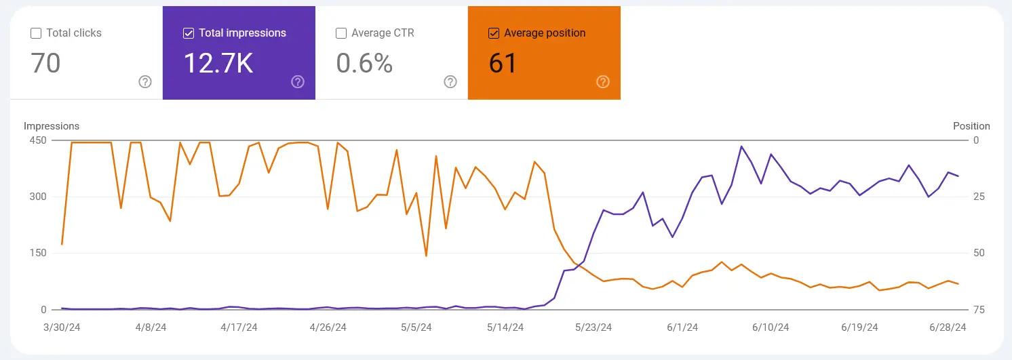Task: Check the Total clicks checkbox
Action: pos(36,33)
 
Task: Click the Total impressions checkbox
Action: pos(189,33)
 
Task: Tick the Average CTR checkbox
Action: pos(341,33)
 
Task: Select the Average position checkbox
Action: pos(494,33)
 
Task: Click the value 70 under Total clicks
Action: pos(46,63)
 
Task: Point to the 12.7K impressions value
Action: pos(218,63)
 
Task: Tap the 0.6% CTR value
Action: pos(364,63)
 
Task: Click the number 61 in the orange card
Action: pos(503,63)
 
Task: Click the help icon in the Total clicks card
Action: pos(145,82)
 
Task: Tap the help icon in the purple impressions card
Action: pos(298,82)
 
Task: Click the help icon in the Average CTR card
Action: pos(450,82)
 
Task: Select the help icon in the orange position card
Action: pos(603,82)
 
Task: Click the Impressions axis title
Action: pos(52,126)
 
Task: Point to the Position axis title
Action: pos(971,126)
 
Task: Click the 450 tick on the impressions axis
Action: pos(37,140)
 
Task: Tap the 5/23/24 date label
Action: pos(593,327)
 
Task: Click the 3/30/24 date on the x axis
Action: pos(62,327)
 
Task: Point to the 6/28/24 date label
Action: pos(948,327)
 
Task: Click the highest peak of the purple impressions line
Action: pos(741,146)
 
